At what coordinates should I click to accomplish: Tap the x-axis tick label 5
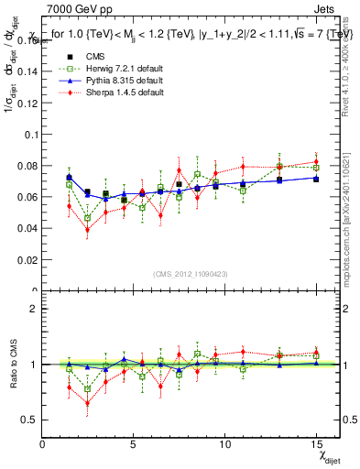pyautogui.click(x=134, y=444)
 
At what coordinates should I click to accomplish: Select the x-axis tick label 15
pyautogui.click(x=315, y=444)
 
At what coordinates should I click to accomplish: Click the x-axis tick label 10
pyautogui.click(x=224, y=444)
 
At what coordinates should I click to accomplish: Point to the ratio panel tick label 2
pyautogui.click(x=34, y=309)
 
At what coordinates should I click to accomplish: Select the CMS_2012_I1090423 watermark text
pyautogui.click(x=190, y=274)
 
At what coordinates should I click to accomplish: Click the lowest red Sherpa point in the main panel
pyautogui.click(x=87, y=229)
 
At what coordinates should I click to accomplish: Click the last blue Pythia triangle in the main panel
pyautogui.click(x=316, y=178)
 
